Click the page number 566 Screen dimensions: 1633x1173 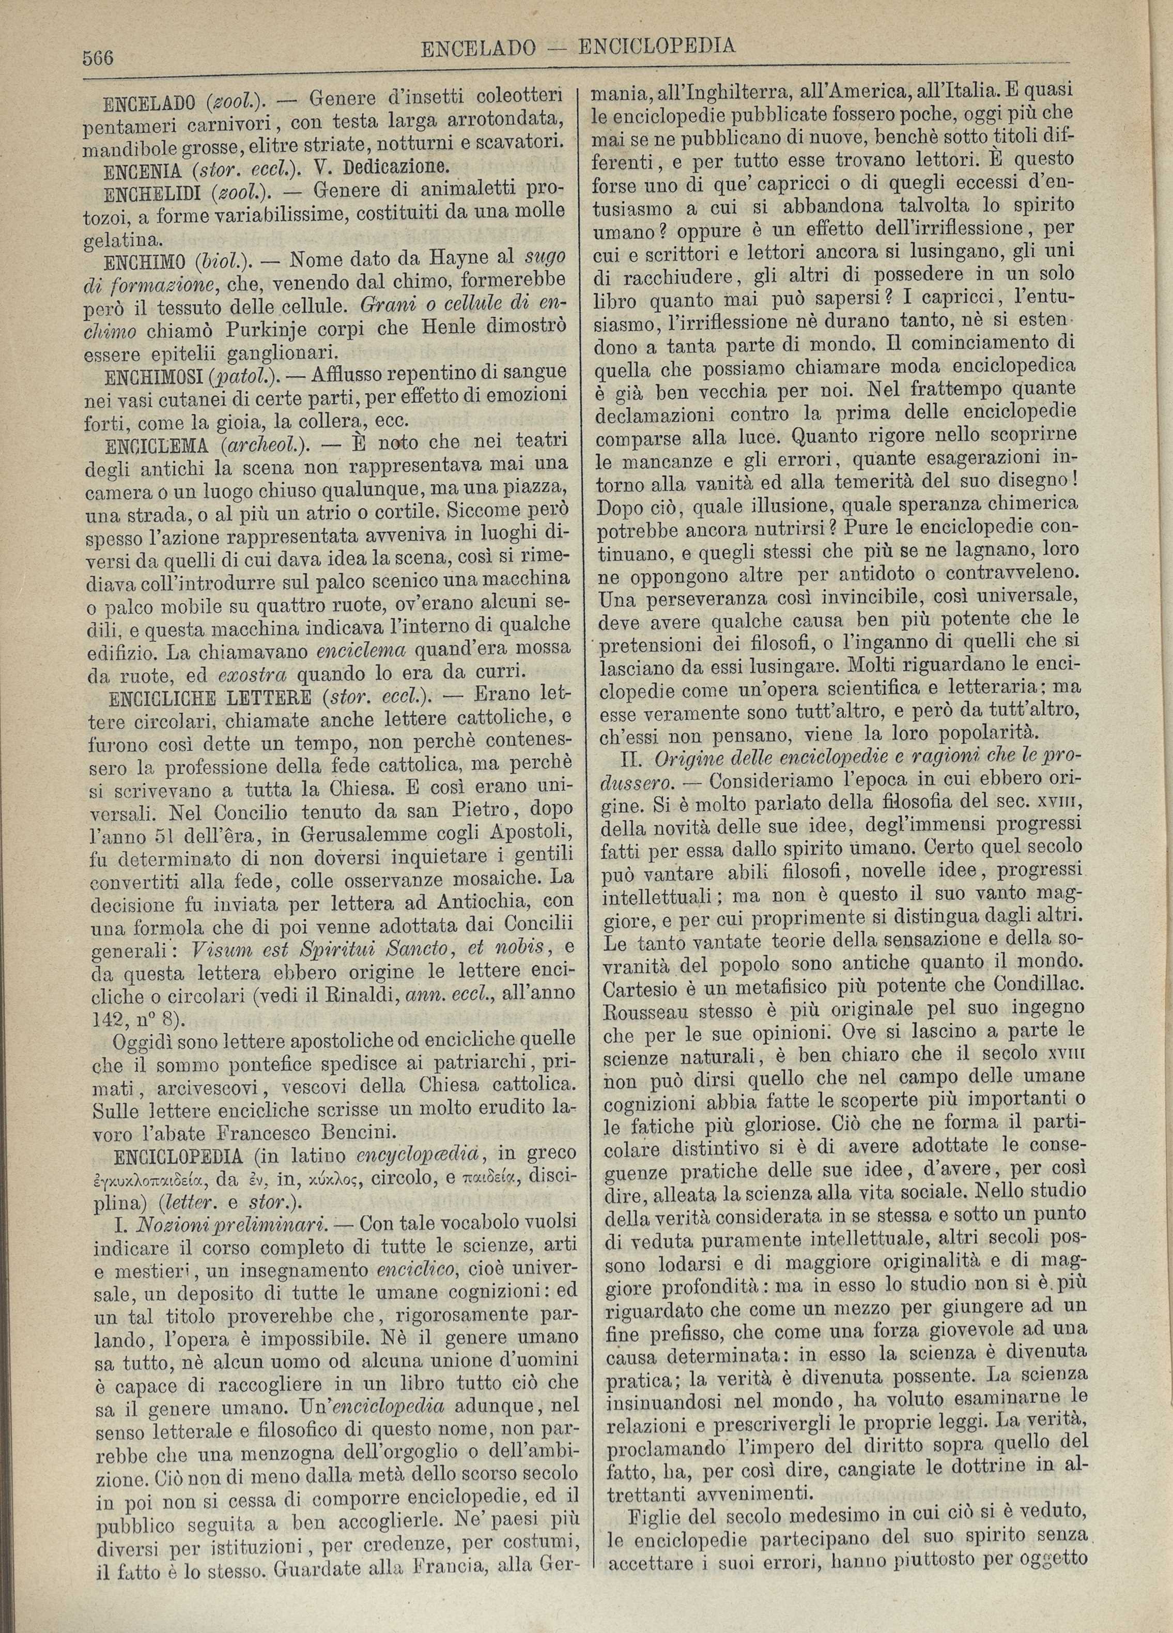point(99,57)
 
